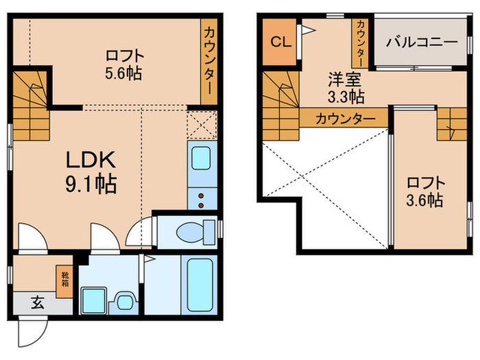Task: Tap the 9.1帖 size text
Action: [91, 183]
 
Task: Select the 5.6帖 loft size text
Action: [123, 73]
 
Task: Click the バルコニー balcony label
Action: [421, 42]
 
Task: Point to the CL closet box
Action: [280, 42]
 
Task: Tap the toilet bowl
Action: [190, 232]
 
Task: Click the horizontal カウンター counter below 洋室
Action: [344, 118]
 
